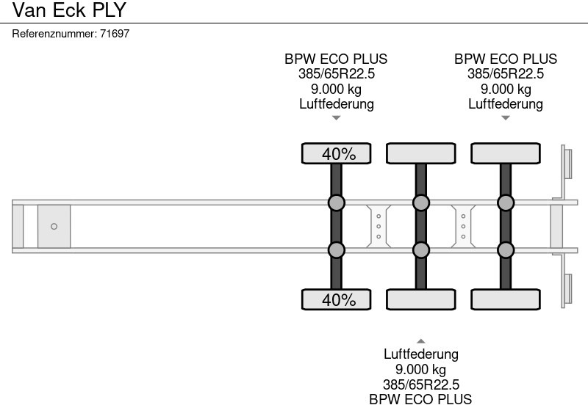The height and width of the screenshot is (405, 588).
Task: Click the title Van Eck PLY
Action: pos(69,10)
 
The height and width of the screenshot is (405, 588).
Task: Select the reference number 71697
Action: pos(115,34)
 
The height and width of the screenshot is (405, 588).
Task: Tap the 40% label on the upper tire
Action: pos(339,154)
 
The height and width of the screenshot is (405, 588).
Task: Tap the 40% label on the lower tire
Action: pos(339,300)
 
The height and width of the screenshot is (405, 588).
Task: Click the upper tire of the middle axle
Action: pos(420,153)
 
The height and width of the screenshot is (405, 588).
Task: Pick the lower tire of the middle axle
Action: pos(420,299)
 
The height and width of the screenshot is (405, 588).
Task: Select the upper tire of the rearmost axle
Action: pos(506,153)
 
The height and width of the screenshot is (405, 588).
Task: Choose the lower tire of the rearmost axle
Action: pos(506,299)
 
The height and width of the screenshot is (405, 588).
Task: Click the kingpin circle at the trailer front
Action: pos(54,227)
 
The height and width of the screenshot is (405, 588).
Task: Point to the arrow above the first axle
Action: pos(337,118)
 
